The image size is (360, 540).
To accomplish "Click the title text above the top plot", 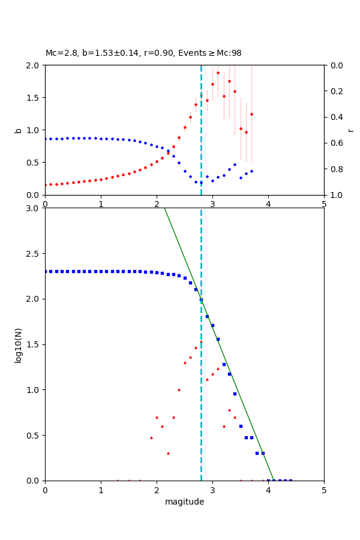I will pyautogui.click(x=143, y=53).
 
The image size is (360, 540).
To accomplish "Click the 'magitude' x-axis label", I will pyautogui.click(x=184, y=502).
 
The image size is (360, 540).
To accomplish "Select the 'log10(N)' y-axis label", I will pyautogui.click(x=19, y=344).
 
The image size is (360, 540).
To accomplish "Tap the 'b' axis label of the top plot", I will pyautogui.click(x=19, y=130).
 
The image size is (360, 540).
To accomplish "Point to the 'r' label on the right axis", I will pyautogui.click(x=350, y=130).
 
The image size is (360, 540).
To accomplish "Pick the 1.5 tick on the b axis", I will pyautogui.click(x=34, y=98).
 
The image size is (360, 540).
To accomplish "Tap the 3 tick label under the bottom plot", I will pyautogui.click(x=212, y=490).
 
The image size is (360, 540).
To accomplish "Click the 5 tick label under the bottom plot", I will pyautogui.click(x=324, y=490).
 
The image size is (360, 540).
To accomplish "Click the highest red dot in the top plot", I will pyautogui.click(x=218, y=73).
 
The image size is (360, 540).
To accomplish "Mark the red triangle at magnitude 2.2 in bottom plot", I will pyautogui.click(x=168, y=453).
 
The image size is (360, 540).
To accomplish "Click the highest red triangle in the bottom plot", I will pyautogui.click(x=201, y=341).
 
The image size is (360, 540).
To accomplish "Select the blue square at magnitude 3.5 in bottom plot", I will pyautogui.click(x=241, y=426).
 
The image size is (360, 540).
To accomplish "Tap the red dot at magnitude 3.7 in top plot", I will pyautogui.click(x=251, y=114).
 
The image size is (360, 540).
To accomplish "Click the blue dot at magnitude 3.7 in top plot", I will pyautogui.click(x=251, y=171).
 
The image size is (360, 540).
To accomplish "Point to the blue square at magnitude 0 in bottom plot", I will pyautogui.click(x=45, y=271).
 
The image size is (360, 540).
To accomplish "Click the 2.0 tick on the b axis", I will pyautogui.click(x=34, y=65).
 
